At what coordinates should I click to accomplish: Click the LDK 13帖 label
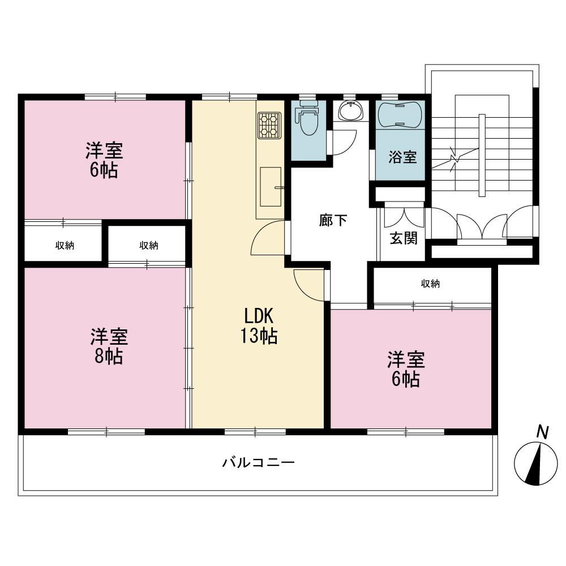(260, 326)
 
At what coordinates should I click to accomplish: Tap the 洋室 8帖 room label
(109, 346)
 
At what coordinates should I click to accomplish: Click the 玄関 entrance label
(403, 238)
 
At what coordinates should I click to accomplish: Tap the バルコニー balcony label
(258, 462)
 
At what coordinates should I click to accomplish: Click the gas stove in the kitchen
(270, 126)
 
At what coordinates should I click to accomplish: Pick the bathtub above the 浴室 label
(401, 114)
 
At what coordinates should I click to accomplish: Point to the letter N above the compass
(542, 433)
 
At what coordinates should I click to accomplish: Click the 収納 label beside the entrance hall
(430, 284)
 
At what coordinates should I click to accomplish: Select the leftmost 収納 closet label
(65, 245)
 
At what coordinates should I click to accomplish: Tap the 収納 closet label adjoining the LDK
(149, 245)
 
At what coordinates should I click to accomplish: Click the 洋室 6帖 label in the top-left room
(104, 160)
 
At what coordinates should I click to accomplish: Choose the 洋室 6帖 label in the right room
(406, 369)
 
